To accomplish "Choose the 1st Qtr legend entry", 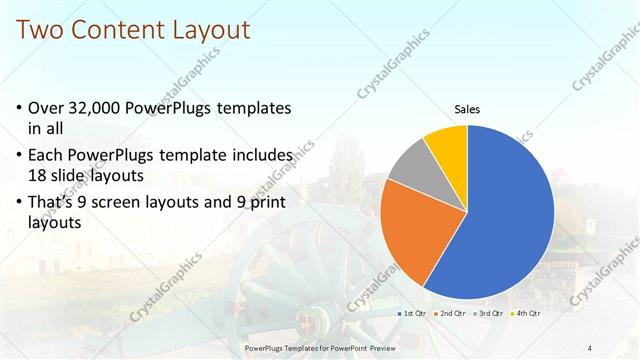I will point(414,313).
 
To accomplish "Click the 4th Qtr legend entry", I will point(525,313).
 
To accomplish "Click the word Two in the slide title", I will point(41,30).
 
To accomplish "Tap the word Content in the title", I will point(124,30).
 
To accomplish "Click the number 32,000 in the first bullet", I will point(104,107).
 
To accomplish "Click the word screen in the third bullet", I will point(128,203).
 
